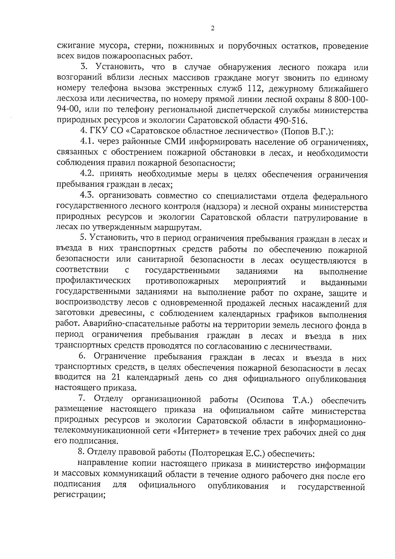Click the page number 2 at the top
click(212, 29)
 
